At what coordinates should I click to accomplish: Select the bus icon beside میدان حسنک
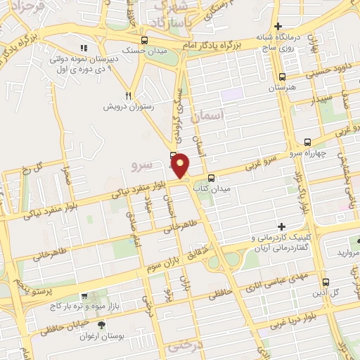point(143,41)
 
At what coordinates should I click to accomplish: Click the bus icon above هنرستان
point(282,77)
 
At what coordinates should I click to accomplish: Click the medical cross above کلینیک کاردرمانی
point(282,226)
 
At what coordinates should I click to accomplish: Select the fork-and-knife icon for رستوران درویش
point(128,96)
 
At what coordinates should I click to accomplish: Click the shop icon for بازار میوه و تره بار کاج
point(84,297)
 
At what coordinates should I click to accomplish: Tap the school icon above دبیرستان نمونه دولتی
point(83,49)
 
